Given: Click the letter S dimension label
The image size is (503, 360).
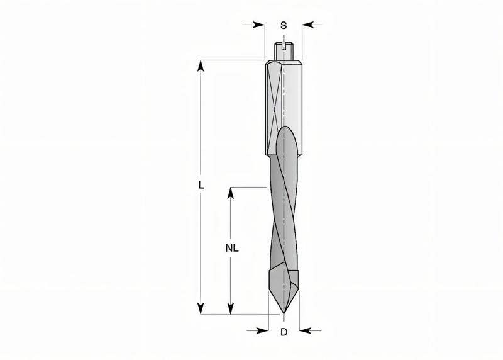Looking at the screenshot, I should [x=284, y=25].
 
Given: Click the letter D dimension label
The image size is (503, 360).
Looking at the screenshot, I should [x=284, y=332].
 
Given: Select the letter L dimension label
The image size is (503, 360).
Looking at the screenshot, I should [x=201, y=185].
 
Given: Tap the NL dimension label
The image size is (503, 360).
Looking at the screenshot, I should [x=231, y=248].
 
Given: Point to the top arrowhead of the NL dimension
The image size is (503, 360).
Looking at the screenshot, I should [x=231, y=192].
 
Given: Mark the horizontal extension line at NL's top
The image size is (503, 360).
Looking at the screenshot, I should [x=248, y=187].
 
